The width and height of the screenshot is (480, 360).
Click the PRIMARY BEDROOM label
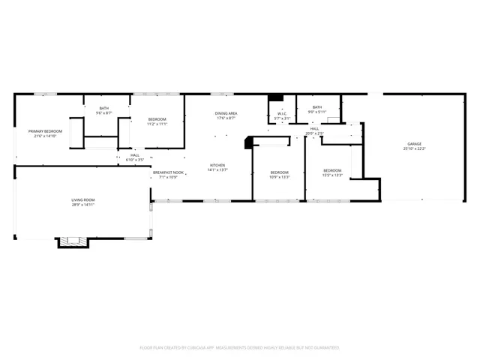[46, 131]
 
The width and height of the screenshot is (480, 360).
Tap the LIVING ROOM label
[82, 199]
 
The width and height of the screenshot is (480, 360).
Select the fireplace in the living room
[73, 241]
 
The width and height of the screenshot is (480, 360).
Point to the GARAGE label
[414, 143]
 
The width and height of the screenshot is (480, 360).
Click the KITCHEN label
[217, 165]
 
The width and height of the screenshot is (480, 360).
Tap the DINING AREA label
[226, 113]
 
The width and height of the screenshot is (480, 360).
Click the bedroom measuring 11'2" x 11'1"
[157, 122]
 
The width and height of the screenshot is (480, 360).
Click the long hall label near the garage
[315, 128]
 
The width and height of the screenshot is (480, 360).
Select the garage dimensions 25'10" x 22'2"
[414, 148]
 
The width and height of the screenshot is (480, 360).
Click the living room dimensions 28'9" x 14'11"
[82, 205]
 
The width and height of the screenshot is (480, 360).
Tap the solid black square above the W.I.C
[275, 97]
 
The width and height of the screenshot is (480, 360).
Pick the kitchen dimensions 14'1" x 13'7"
[217, 170]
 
